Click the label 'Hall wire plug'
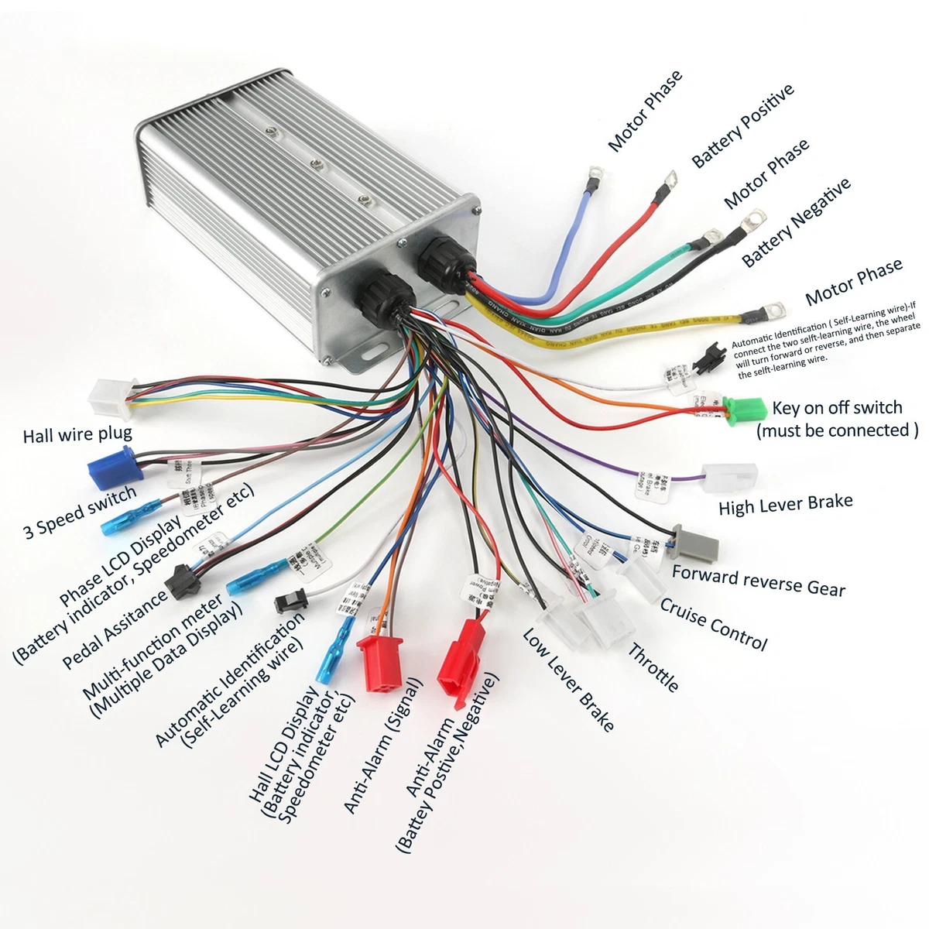point(77,434)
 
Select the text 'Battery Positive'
point(743,125)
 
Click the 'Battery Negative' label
point(797,222)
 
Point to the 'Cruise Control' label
point(713,623)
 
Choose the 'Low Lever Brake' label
point(568,680)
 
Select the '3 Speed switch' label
point(80,511)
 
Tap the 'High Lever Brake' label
point(785,504)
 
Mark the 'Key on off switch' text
point(837,408)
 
